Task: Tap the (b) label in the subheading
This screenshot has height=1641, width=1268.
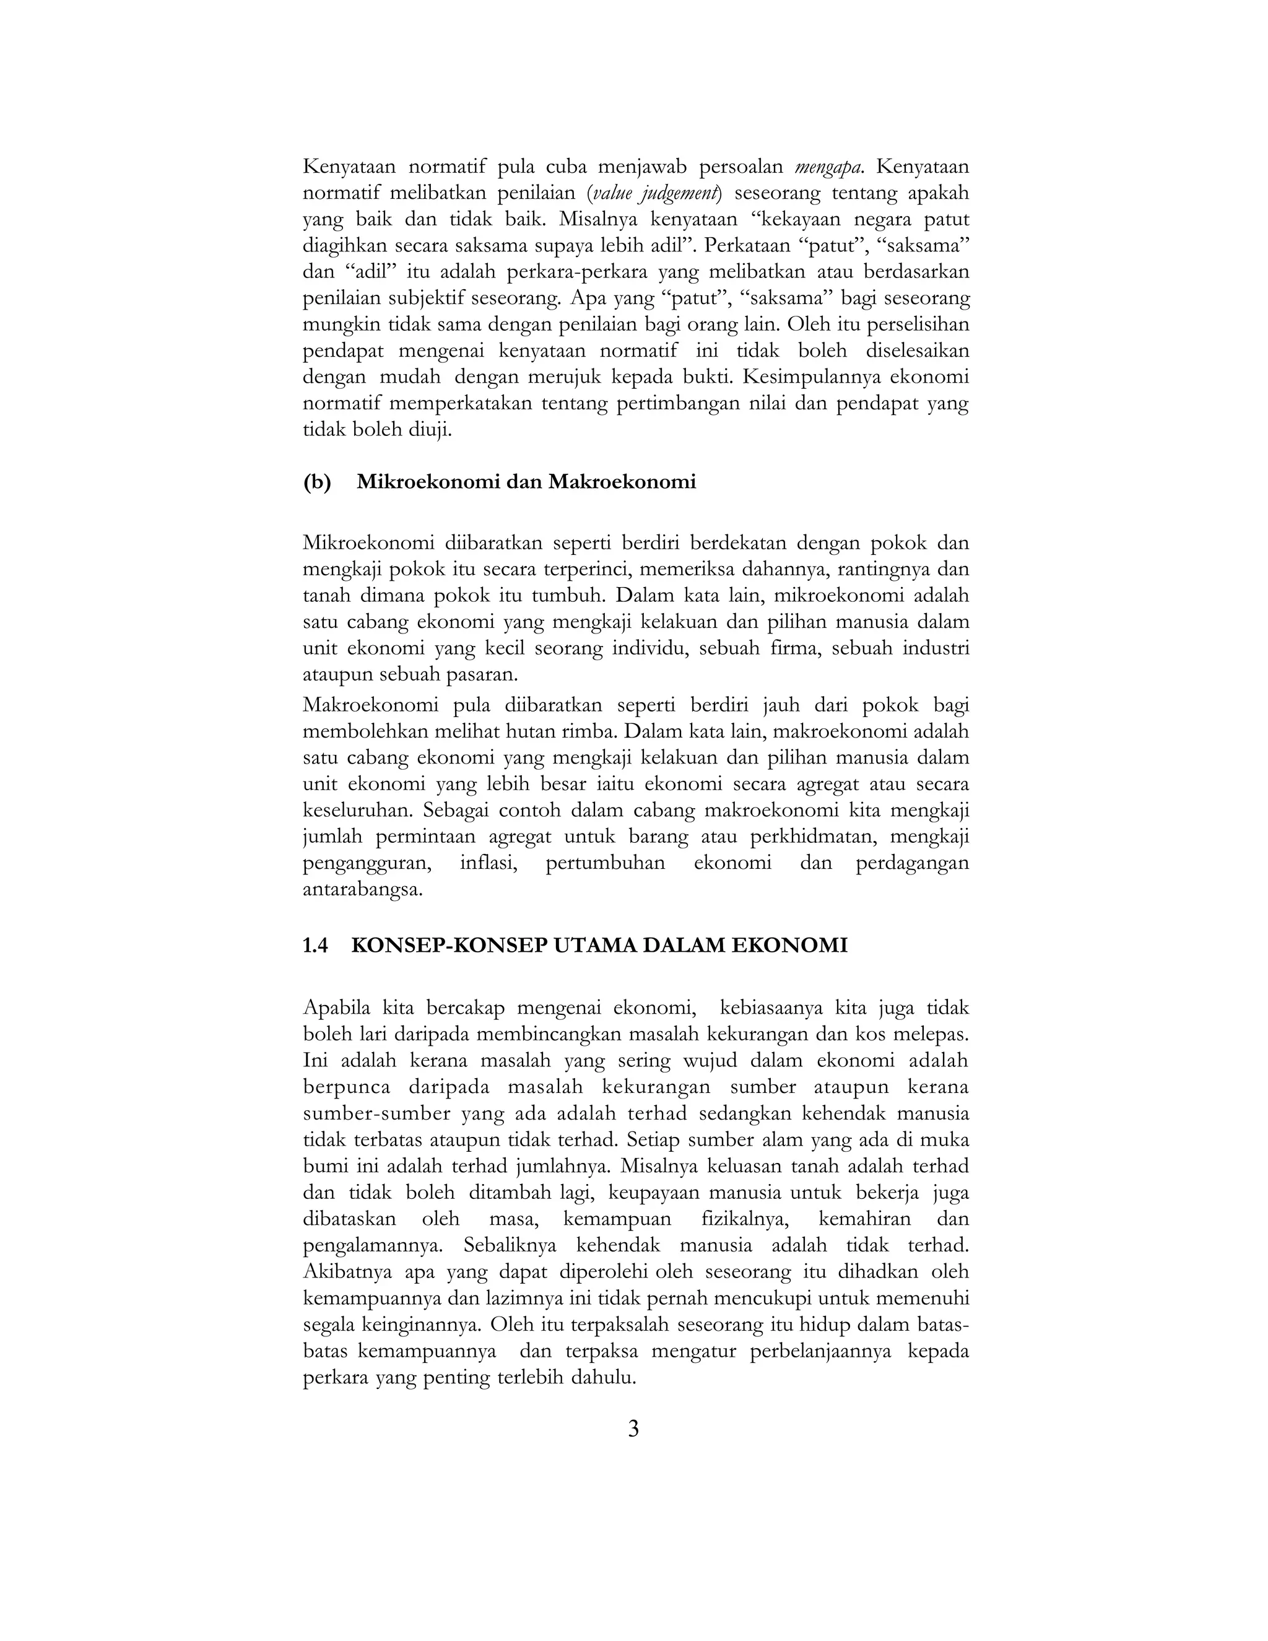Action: pyautogui.click(x=317, y=482)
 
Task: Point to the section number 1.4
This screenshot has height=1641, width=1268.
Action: pyautogui.click(x=316, y=945)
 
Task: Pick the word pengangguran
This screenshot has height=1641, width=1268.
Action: pyautogui.click(x=367, y=863)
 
